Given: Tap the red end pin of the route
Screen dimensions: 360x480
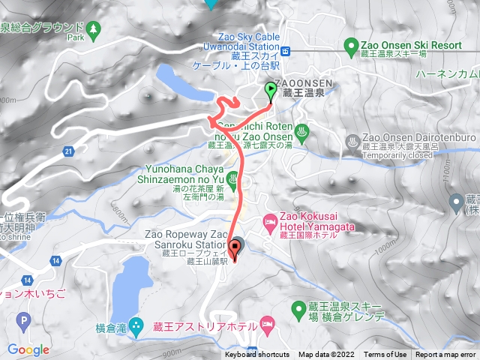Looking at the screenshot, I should click(235, 251).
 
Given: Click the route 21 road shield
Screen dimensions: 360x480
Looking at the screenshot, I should click(68, 152).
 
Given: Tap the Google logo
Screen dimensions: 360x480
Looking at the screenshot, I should click(28, 349).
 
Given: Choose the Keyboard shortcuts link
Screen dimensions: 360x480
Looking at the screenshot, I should click(257, 355).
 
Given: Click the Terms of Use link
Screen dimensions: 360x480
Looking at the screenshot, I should click(385, 355).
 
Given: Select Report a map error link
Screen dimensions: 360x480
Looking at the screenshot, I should click(445, 355).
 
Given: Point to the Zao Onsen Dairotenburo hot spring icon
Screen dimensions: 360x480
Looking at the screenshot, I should click(351, 140).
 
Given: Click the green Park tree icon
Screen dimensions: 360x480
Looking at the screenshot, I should click(93, 28).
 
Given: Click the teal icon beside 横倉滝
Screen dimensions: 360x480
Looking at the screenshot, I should click(136, 326).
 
